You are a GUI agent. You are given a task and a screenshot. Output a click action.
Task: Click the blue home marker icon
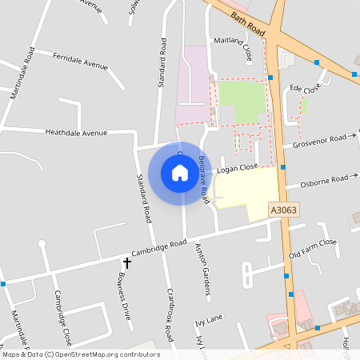(x=179, y=173)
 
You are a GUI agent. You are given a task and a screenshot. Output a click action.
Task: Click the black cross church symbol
(x=126, y=262)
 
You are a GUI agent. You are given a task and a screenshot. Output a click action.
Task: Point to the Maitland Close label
(x=232, y=48)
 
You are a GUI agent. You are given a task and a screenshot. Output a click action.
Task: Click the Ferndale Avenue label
(x=81, y=60)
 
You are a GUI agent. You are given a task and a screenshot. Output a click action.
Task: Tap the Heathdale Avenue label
(x=76, y=133)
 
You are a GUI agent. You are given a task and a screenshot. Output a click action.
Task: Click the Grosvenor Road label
(x=319, y=142)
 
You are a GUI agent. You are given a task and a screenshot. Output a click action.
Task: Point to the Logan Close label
(x=237, y=169)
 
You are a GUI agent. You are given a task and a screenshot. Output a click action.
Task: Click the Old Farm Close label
(x=314, y=249)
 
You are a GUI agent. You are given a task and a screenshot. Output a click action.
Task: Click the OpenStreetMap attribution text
(x=80, y=354)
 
